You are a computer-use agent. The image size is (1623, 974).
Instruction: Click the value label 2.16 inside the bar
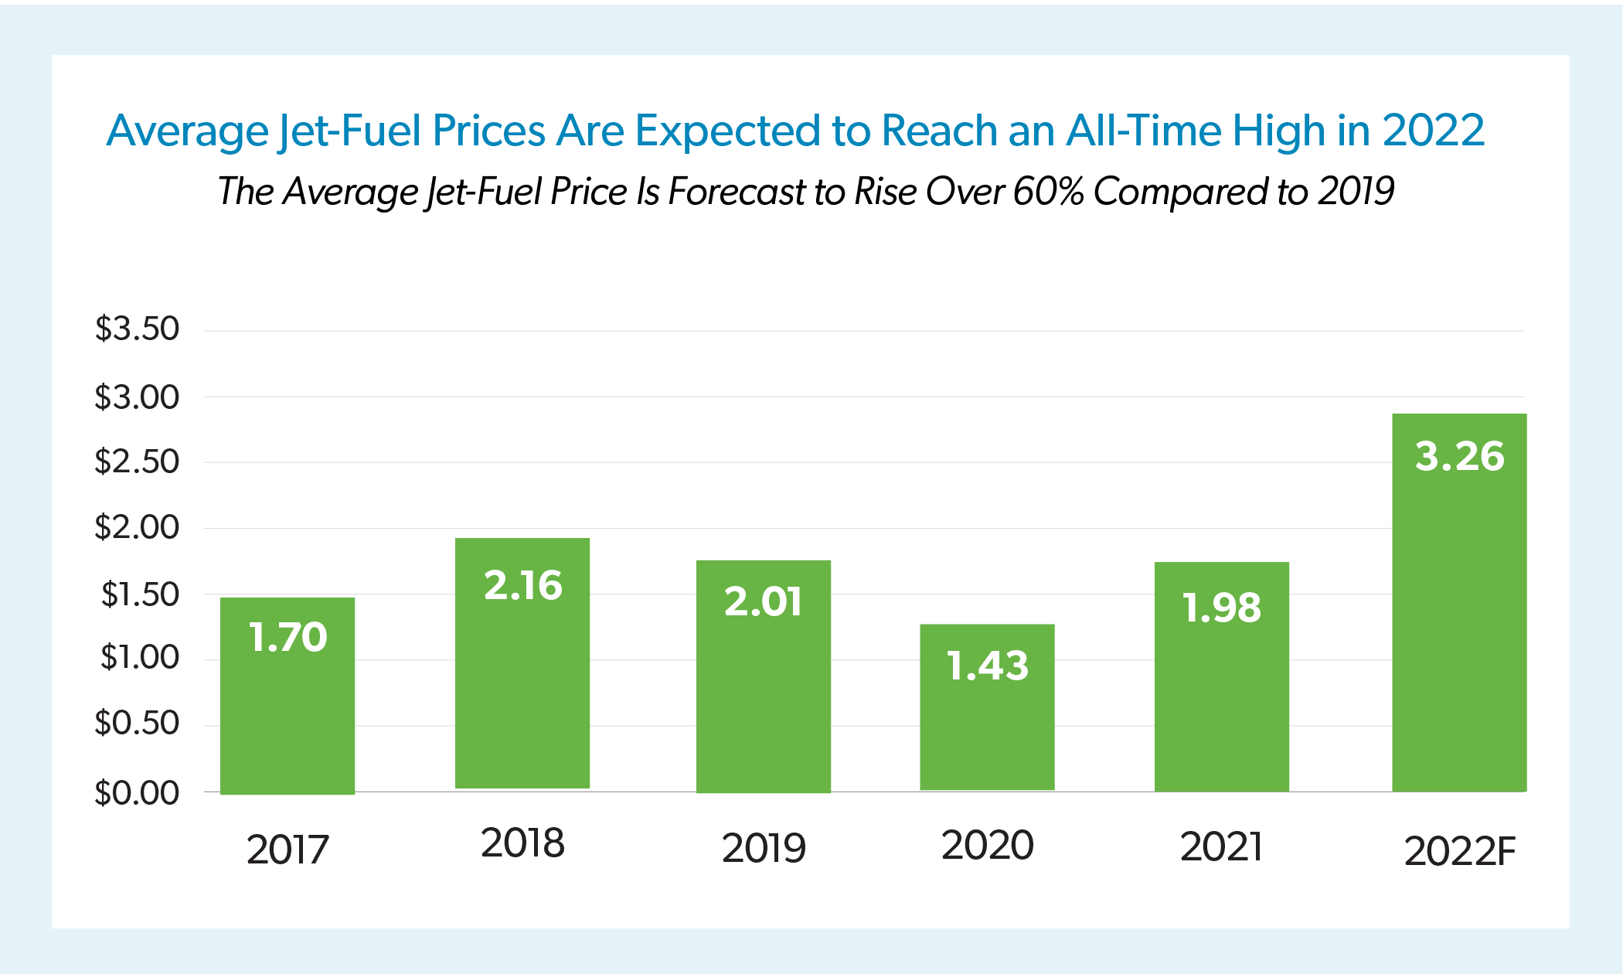click(x=523, y=585)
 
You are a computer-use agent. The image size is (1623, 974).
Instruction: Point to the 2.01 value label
click(x=764, y=601)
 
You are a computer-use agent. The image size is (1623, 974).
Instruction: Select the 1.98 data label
click(x=1222, y=608)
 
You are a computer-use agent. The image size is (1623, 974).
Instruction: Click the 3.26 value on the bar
click(x=1459, y=456)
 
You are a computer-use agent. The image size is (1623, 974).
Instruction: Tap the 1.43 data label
click(x=987, y=666)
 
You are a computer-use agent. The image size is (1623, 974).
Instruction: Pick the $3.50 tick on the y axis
click(x=137, y=329)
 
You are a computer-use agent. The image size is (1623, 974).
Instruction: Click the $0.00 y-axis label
click(x=137, y=793)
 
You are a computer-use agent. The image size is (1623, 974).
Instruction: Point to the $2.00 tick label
click(x=137, y=527)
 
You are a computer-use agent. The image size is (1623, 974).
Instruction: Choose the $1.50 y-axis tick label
click(x=140, y=594)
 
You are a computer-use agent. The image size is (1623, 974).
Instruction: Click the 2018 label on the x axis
click(x=523, y=843)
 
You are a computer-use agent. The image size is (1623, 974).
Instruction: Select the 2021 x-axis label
click(x=1222, y=846)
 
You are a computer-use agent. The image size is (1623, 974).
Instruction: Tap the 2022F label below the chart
click(x=1459, y=851)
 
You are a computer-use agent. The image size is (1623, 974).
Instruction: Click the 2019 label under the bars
click(x=764, y=848)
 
